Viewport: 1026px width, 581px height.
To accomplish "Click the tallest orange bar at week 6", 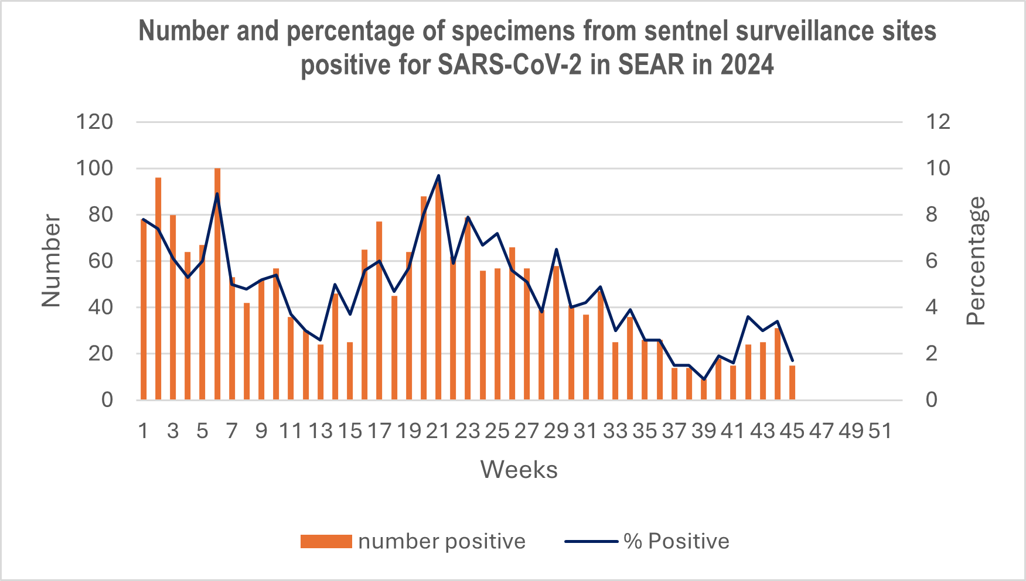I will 217,284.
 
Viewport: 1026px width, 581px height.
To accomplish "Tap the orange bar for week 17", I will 379,310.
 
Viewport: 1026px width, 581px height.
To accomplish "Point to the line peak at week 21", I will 438,176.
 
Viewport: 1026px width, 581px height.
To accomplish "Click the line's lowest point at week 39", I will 704,380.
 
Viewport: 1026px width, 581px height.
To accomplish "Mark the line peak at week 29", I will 556,250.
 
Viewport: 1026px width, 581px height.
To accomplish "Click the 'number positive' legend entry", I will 413,541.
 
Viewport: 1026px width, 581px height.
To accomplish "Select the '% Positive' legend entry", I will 647,541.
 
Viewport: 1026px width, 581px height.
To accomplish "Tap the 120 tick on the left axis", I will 94,122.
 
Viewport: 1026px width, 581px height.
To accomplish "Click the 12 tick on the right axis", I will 938,122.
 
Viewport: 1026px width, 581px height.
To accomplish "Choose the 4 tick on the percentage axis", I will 931,307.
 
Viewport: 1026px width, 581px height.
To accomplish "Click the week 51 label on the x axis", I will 880,431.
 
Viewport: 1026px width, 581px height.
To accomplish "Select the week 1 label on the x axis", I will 144,431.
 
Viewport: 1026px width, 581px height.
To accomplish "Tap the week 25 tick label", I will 497,431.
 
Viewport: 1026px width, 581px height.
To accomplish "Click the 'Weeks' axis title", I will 519,470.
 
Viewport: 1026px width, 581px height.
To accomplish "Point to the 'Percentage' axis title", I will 976,261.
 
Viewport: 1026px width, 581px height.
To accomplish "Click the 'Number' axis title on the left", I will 52,261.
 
